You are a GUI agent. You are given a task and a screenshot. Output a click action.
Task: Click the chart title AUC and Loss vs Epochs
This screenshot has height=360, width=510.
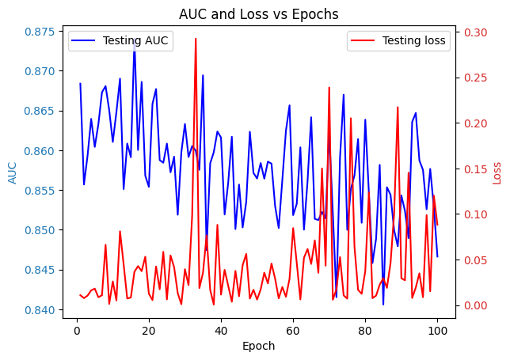tap(258, 14)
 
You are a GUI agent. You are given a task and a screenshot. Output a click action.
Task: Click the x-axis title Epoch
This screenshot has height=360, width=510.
tap(258, 346)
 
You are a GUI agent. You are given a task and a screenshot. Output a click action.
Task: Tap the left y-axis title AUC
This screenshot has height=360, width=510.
tap(13, 172)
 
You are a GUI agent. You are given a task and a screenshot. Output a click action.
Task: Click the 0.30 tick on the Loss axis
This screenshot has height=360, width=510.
tap(478, 32)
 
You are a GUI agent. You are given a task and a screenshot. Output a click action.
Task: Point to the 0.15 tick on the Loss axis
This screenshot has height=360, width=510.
tap(478, 169)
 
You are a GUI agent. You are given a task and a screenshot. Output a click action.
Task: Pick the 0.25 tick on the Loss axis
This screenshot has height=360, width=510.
tap(478, 78)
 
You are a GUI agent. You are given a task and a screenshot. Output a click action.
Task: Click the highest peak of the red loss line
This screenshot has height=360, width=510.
tap(196, 39)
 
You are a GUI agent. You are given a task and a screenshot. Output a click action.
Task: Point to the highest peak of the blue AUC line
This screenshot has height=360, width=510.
tap(134, 47)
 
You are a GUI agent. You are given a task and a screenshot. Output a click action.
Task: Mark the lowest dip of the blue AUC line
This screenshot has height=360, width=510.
tap(383, 305)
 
